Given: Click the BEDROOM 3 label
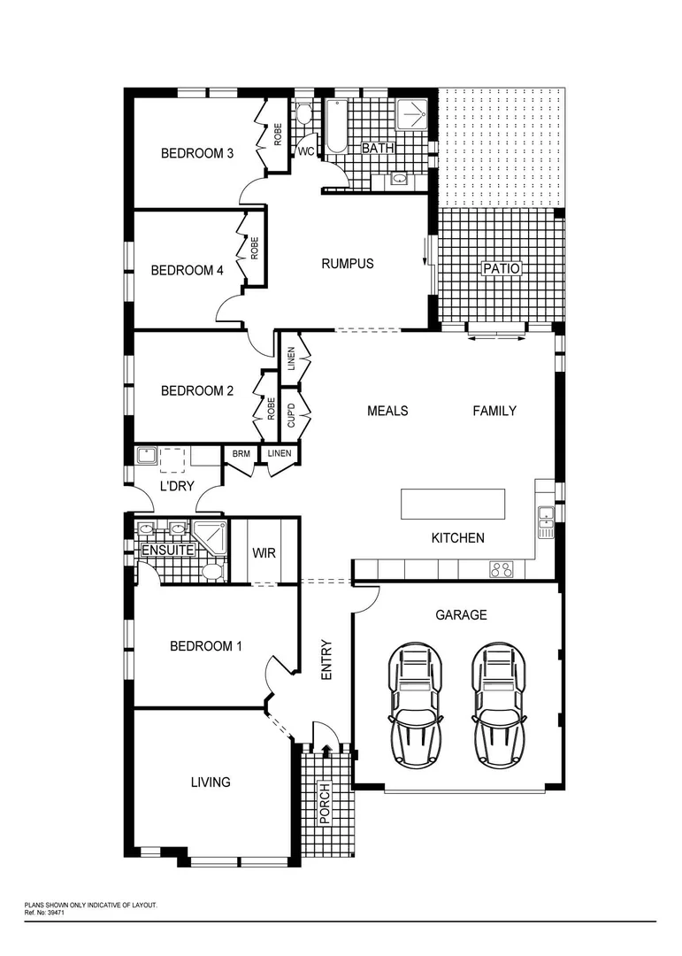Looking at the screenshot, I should click(x=196, y=153).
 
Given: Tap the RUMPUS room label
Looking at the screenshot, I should click(x=347, y=263).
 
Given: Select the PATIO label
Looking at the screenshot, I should click(x=501, y=268).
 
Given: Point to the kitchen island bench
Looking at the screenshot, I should click(x=454, y=504).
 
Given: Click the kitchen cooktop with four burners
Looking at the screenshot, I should click(x=502, y=569).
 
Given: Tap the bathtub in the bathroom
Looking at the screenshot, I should click(x=337, y=127).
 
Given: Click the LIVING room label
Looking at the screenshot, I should click(x=211, y=782).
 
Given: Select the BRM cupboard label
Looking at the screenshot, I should click(x=241, y=454).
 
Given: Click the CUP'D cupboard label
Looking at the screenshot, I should click(x=291, y=416).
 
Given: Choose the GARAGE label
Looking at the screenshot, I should click(x=461, y=614).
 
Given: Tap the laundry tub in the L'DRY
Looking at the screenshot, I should click(x=147, y=457).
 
